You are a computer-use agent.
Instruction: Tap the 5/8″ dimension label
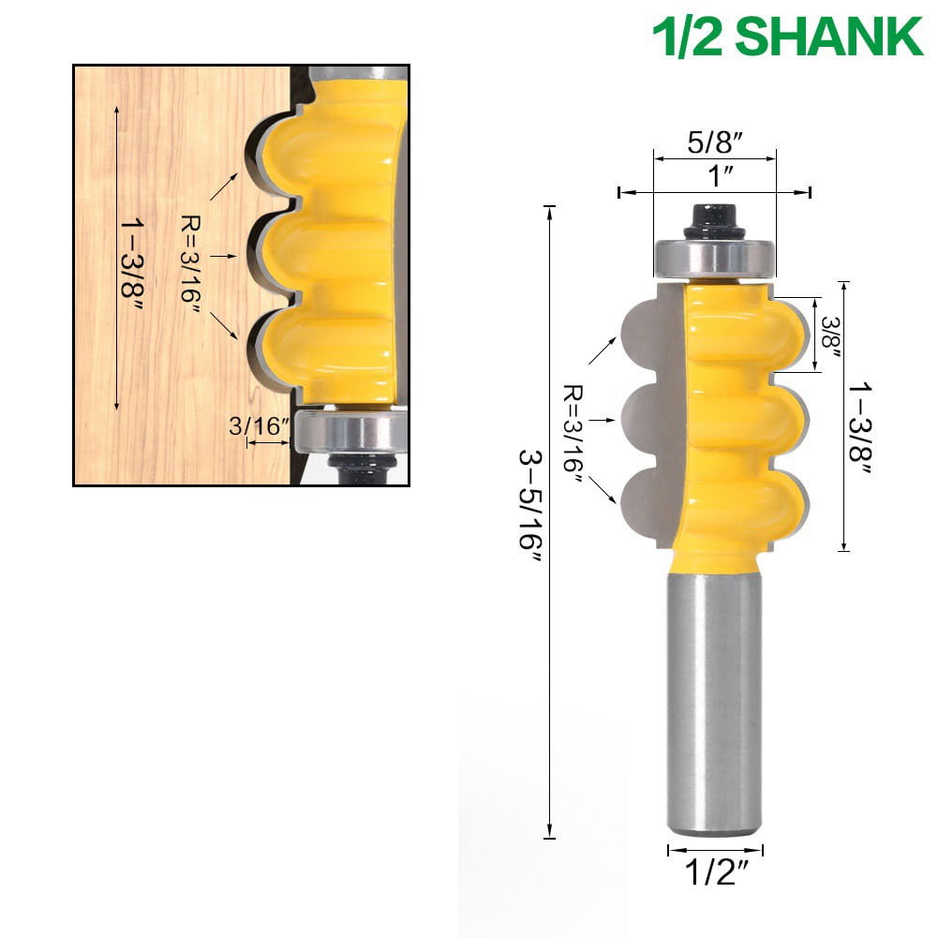pos(715,143)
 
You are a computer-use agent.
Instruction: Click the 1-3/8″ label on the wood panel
pos(131,257)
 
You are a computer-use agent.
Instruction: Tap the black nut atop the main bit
pos(715,222)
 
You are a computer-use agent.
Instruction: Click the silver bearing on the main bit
pos(715,257)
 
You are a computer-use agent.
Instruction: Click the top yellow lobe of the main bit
pos(750,328)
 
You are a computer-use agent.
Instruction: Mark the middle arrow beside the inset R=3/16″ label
pos(221,254)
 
